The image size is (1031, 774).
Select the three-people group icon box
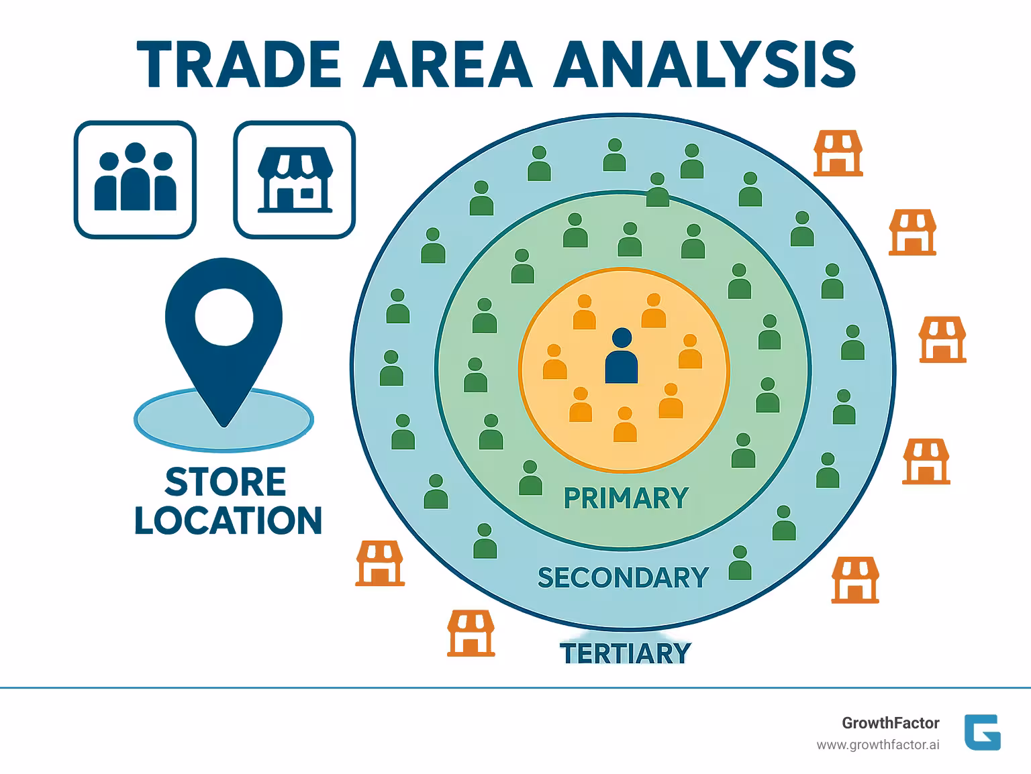pos(135,180)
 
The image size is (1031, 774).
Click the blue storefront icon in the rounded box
pos(295,180)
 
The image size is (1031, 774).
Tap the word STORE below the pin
pos(226,482)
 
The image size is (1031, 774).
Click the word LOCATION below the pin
pos(228,521)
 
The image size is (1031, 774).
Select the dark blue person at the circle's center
pos(622,356)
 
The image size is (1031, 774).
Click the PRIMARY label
pos(626,498)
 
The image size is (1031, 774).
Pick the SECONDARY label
pos(623,577)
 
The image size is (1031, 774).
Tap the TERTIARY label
pos(625,653)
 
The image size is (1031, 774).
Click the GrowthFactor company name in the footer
pos(890,723)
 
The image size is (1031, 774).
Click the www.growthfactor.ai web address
pos(877,744)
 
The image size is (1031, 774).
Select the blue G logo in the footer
pos(982,732)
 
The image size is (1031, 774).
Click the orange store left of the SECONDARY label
pos(380,563)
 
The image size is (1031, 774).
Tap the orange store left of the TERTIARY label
pos(471,633)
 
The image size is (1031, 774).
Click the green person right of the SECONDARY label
pos(740,563)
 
